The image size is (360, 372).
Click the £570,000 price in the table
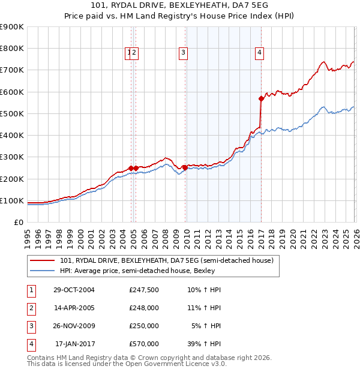point(144,344)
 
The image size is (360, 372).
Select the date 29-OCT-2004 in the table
point(74,290)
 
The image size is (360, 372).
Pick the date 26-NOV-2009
point(74,326)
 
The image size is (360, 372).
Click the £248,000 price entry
point(144,308)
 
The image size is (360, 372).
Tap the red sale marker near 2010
point(185,168)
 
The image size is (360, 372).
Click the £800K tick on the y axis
point(11,49)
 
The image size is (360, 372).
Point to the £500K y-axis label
point(11,113)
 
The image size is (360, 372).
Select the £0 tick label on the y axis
point(19,222)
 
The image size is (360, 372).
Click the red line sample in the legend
point(43,260)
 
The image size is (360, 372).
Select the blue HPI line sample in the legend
point(43,271)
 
